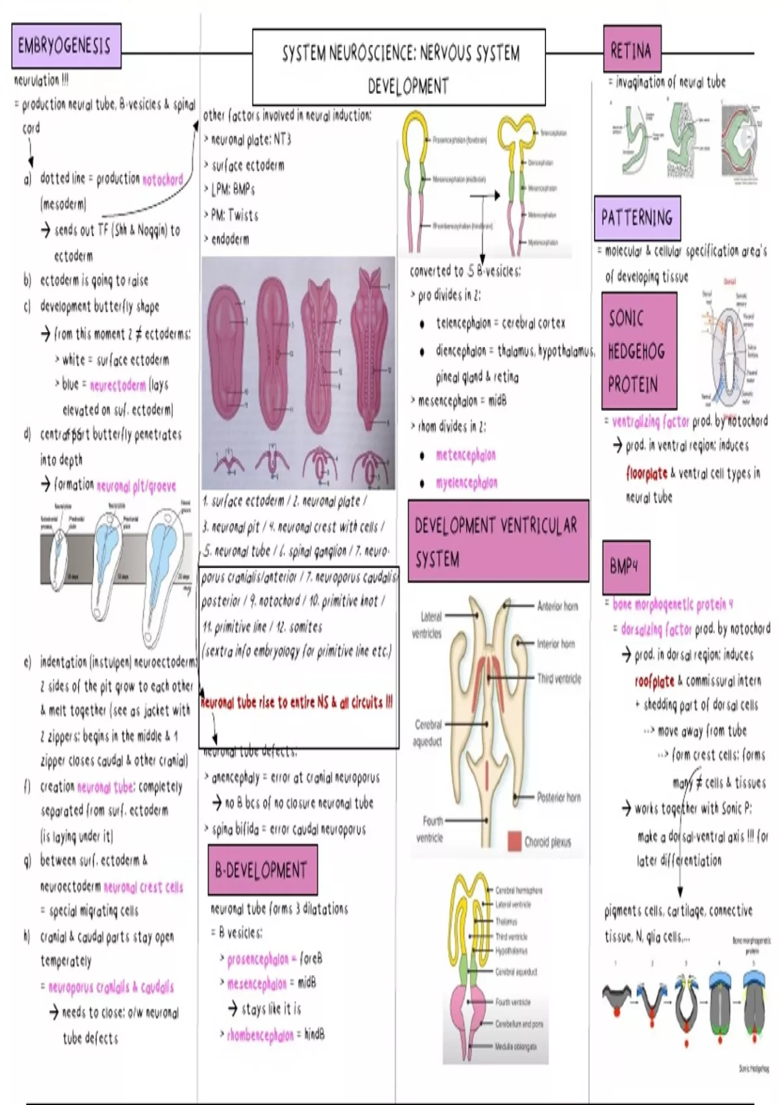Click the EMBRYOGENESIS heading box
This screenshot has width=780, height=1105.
tap(66, 46)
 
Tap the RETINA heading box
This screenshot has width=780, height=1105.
tap(631, 49)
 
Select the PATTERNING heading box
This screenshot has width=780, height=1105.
tap(637, 218)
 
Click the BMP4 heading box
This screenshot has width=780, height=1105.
tap(625, 567)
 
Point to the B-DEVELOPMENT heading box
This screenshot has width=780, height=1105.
tap(262, 870)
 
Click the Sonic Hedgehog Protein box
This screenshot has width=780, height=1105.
tap(638, 351)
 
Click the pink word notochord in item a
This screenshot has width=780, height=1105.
tap(162, 179)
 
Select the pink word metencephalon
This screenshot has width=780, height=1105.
tap(465, 455)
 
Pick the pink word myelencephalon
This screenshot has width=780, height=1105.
tap(467, 483)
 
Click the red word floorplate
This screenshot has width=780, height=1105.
tap(646, 473)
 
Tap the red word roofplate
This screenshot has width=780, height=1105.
tap(655, 681)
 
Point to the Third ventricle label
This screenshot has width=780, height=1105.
tap(559, 679)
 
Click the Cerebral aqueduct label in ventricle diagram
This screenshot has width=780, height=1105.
tap(428, 733)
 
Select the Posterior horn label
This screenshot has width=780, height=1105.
tap(558, 797)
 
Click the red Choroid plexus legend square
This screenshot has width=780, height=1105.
tap(514, 841)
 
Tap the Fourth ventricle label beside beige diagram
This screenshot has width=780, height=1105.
tap(430, 829)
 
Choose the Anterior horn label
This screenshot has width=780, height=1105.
tap(558, 606)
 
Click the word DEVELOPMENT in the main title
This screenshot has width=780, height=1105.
tap(408, 86)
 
